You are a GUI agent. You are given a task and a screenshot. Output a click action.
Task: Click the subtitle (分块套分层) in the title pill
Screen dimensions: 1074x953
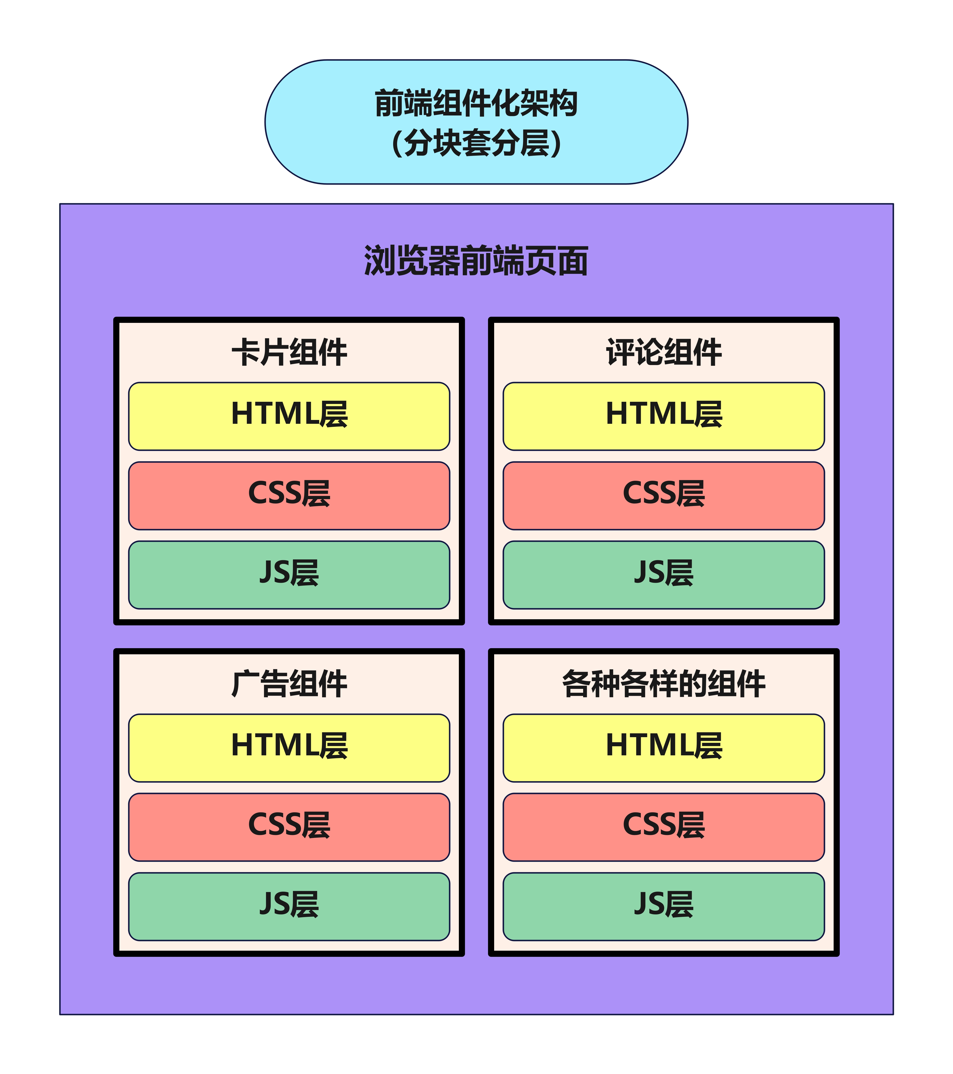(x=476, y=143)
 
